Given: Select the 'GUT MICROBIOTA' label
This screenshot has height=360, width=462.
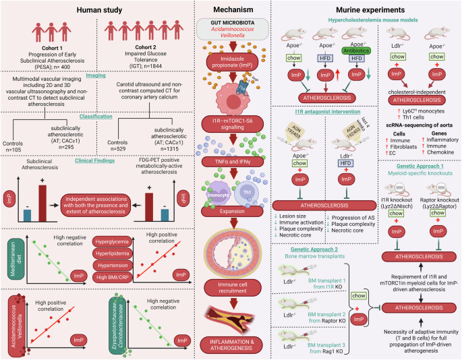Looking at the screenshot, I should click(231, 23).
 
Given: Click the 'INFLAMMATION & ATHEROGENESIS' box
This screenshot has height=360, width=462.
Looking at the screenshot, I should click(231, 339).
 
